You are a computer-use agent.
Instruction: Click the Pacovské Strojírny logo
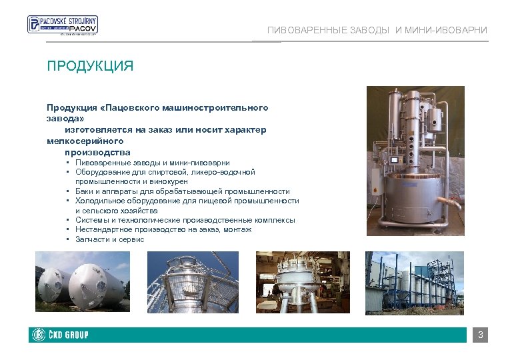(62, 25)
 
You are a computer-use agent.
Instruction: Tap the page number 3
(480, 335)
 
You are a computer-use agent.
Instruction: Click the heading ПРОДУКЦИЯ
(90, 66)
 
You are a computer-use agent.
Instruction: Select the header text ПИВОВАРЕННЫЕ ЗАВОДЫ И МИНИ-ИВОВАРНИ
(377, 31)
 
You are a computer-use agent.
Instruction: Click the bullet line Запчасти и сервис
(109, 239)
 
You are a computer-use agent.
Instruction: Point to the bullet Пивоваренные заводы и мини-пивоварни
(153, 163)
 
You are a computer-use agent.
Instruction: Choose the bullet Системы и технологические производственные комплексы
(185, 220)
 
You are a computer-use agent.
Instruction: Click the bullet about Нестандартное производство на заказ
(163, 229)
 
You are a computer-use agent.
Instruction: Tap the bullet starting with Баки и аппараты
(182, 191)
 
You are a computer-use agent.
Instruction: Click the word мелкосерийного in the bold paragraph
(85, 141)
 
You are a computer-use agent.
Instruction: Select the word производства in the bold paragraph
(97, 153)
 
